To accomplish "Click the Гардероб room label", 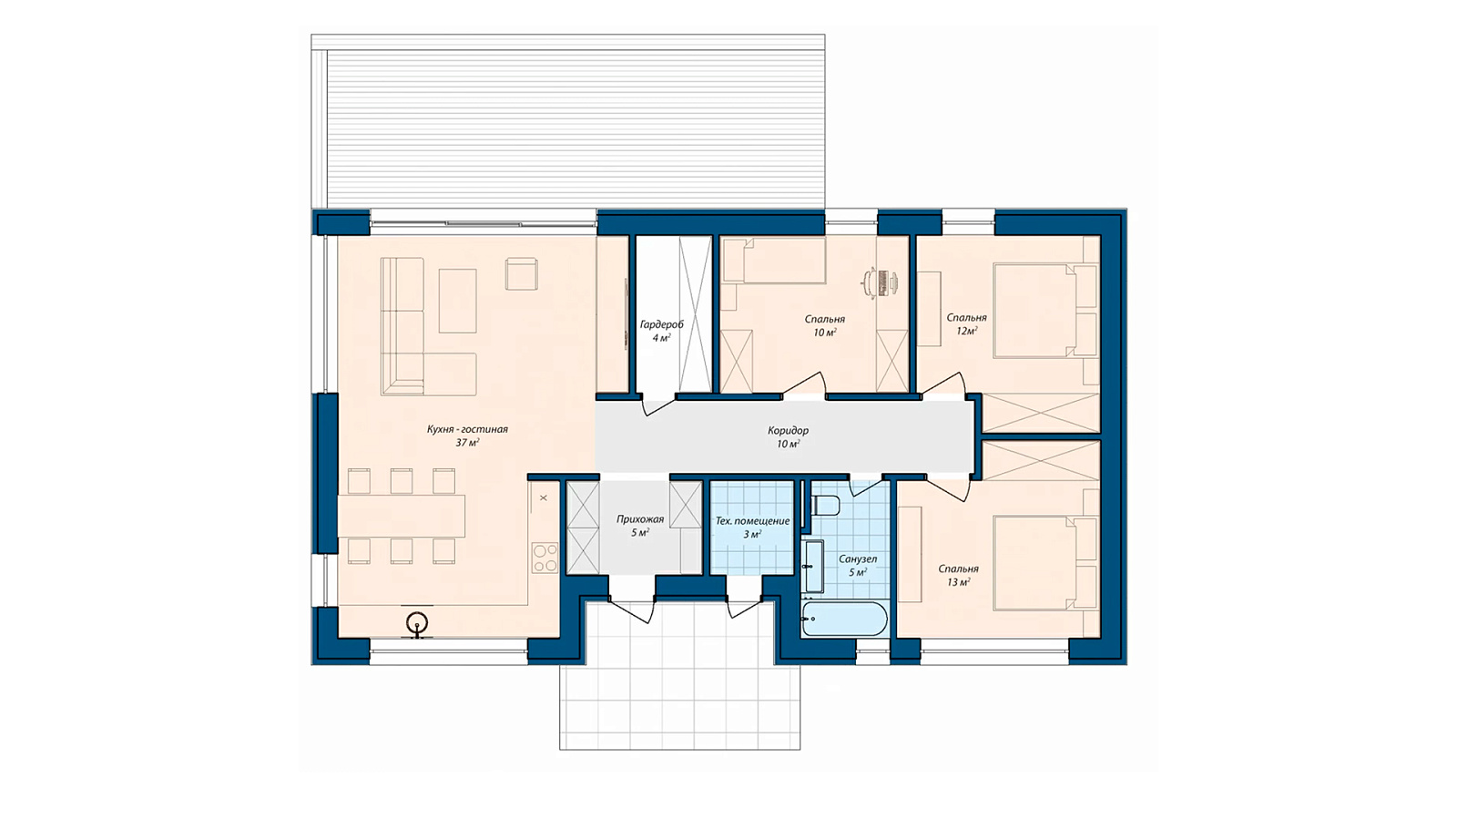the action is tap(661, 324).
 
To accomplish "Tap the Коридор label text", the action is tap(788, 430).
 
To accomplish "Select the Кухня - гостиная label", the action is tap(467, 429).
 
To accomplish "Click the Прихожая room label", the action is tap(640, 519).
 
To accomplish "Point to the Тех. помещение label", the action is tap(752, 521).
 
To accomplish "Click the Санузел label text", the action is tap(857, 559).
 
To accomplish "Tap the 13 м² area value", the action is tap(958, 582).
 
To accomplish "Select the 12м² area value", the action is tap(966, 332).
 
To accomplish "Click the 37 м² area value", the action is tap(468, 443).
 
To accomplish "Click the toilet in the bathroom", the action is tap(825, 505).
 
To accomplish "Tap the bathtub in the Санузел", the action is tap(843, 619).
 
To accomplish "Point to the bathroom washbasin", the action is tap(813, 566).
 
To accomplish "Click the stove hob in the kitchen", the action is tap(545, 558).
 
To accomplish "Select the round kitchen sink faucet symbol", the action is tap(417, 623).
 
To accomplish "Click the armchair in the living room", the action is tap(522, 274).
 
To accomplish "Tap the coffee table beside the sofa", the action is tap(457, 302).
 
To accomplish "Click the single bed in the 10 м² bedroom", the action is tap(774, 261).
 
